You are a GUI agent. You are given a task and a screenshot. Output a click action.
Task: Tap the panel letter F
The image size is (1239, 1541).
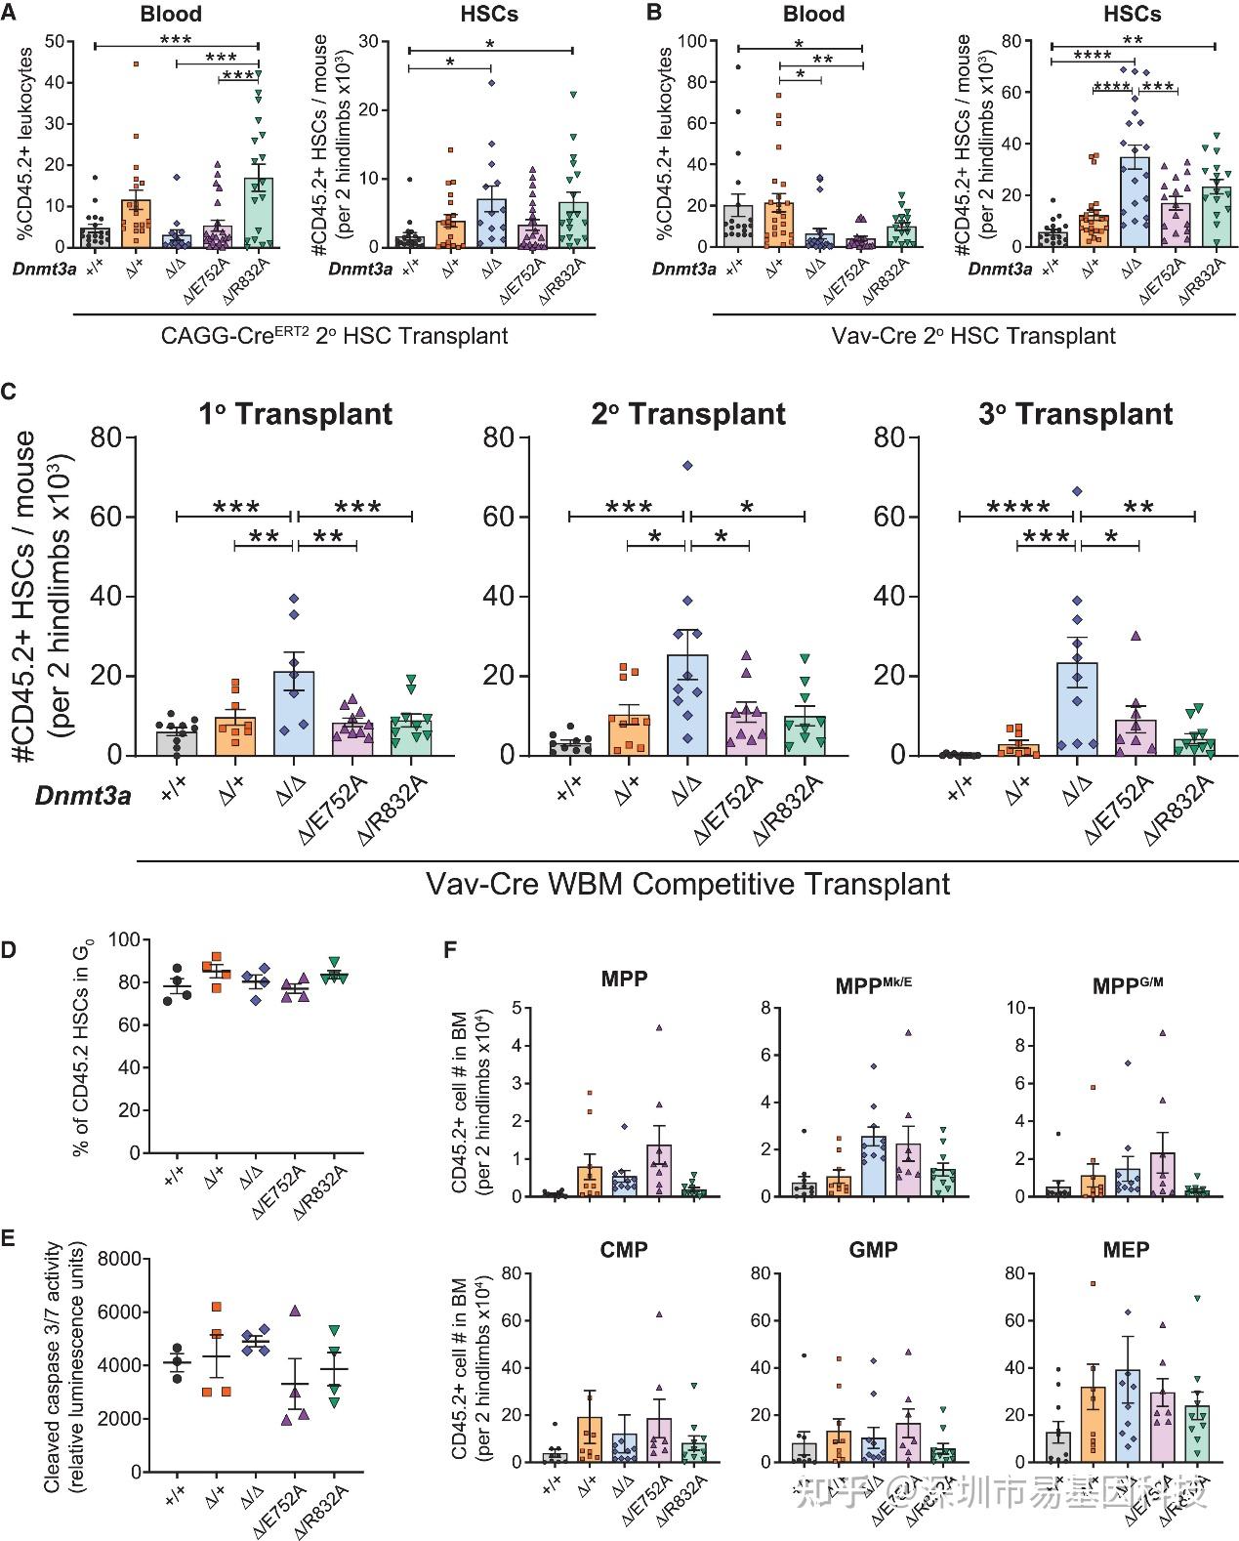click(x=450, y=949)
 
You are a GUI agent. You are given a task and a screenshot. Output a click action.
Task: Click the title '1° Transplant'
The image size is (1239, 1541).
click(x=295, y=414)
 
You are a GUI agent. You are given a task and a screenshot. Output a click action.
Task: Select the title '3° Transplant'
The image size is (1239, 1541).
click(x=1075, y=414)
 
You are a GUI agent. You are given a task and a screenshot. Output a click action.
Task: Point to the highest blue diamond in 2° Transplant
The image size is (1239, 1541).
click(x=688, y=466)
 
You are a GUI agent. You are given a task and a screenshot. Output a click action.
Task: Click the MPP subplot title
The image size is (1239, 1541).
click(x=625, y=979)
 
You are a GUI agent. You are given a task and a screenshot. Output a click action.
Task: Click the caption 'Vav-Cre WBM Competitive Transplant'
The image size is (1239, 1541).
click(x=688, y=884)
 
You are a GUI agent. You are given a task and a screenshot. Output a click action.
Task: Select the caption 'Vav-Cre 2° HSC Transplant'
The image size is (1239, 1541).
click(x=974, y=336)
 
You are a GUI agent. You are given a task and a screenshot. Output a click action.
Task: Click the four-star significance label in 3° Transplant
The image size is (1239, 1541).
click(x=1018, y=507)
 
